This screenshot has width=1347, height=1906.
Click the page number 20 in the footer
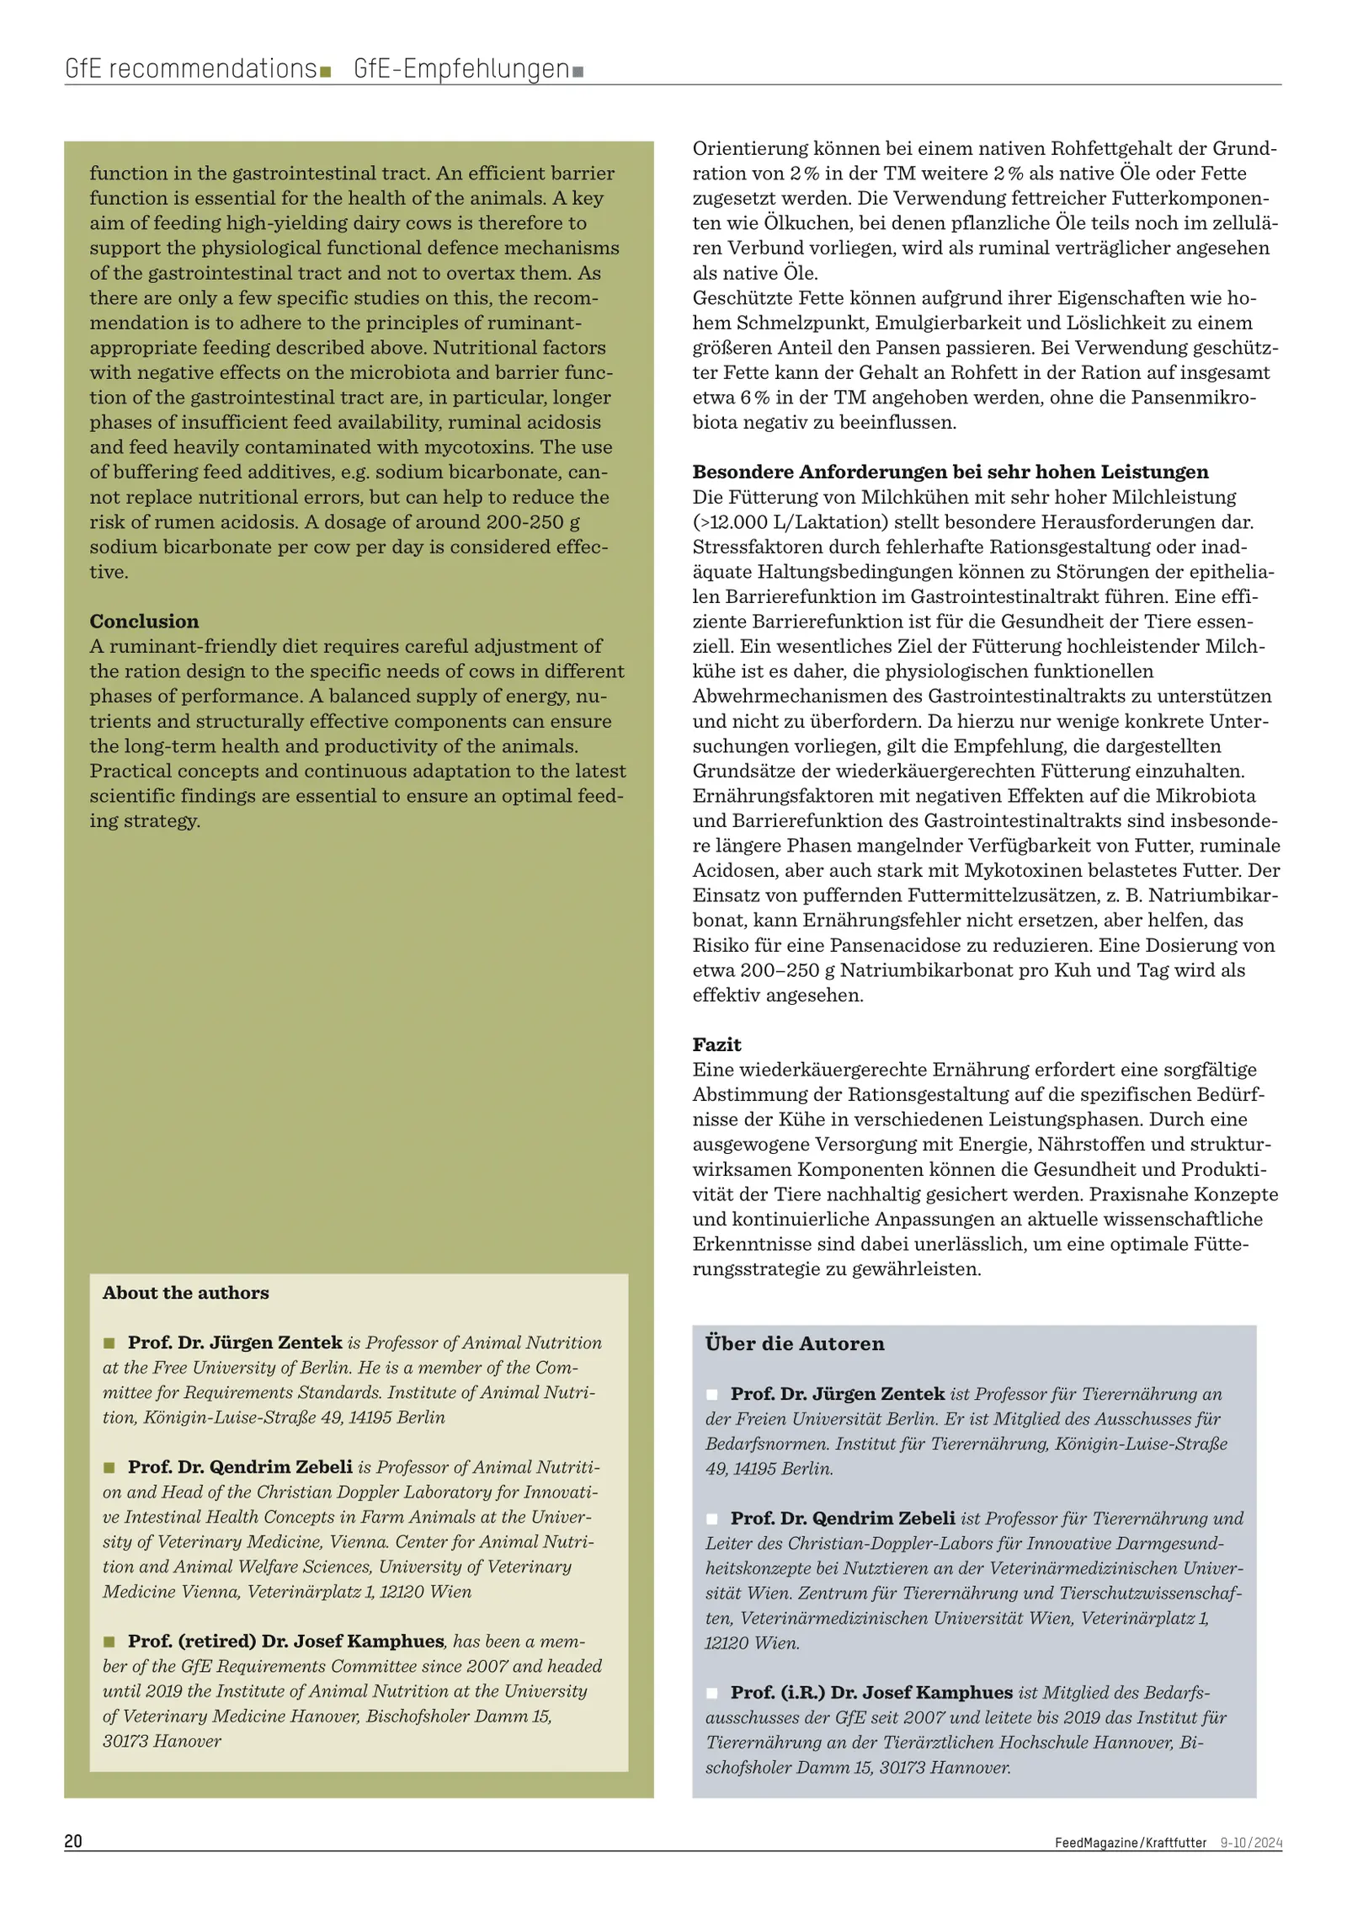[x=73, y=1841]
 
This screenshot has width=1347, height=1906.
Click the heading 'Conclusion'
[x=145, y=622]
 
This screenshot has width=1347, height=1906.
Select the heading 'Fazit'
[x=716, y=1044]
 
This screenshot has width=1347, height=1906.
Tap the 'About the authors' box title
[x=186, y=1293]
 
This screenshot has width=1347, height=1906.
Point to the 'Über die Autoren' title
[x=795, y=1343]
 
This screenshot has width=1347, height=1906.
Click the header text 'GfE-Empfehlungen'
[x=461, y=68]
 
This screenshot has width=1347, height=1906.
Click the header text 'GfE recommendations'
[x=190, y=68]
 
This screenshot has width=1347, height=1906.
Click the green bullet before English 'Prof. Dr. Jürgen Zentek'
[x=109, y=1343]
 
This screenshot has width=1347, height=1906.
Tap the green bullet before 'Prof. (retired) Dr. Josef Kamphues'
[x=109, y=1642]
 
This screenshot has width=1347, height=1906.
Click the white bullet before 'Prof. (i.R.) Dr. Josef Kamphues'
[x=712, y=1693]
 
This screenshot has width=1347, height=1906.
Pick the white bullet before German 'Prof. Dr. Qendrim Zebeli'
[x=712, y=1519]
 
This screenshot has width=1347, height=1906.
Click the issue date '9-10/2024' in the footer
[x=1251, y=1843]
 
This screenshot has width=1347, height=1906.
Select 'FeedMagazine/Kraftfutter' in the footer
[x=1130, y=1843]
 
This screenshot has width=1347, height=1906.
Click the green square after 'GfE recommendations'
[x=325, y=72]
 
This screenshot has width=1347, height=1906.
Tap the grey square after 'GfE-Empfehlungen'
[x=578, y=72]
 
